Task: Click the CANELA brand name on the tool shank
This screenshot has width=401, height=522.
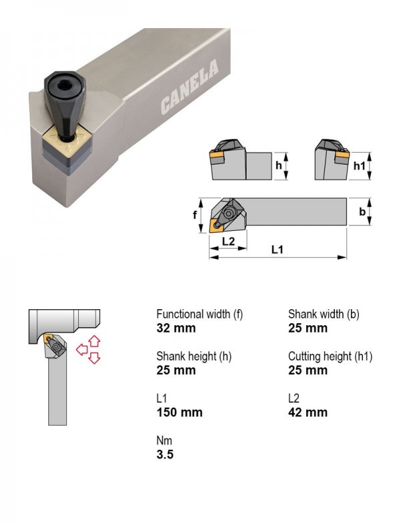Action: [x=190, y=86]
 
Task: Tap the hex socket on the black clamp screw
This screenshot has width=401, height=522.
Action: [x=65, y=86]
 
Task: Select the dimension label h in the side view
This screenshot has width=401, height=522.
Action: [x=279, y=165]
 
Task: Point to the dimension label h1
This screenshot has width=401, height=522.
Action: [x=359, y=165]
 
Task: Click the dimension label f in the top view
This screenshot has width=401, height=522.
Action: [x=195, y=215]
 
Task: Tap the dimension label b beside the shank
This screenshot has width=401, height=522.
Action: [x=362, y=211]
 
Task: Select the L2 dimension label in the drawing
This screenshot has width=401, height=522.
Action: [x=229, y=241]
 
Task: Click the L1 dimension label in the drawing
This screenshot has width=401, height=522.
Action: [x=277, y=250]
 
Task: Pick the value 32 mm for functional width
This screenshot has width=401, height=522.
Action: [x=176, y=328]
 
